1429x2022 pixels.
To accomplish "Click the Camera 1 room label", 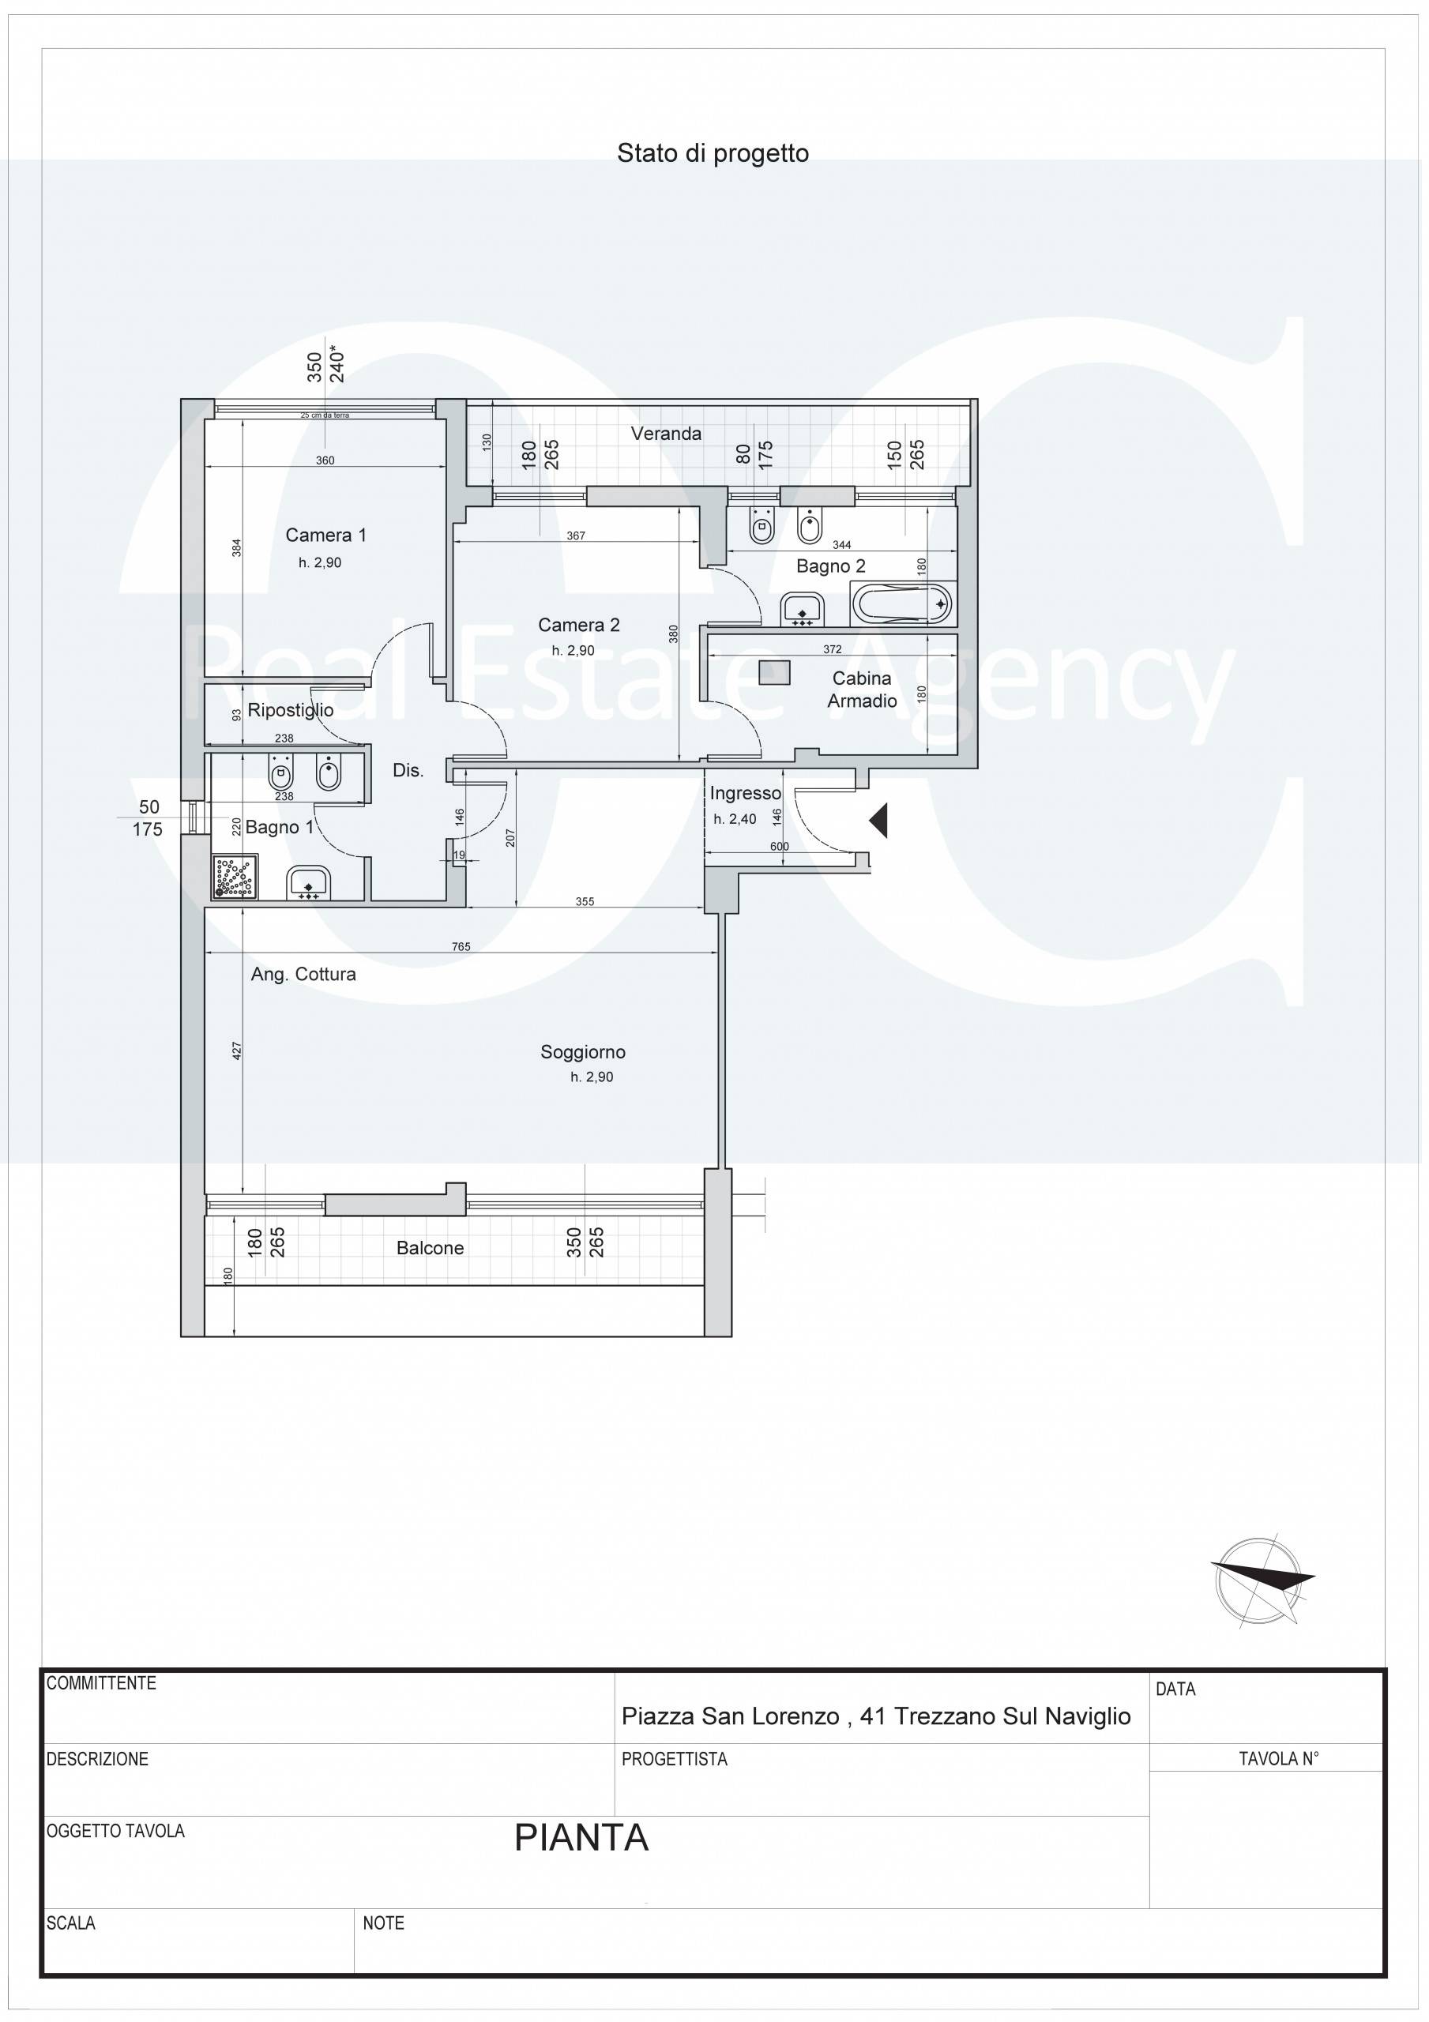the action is point(326,535).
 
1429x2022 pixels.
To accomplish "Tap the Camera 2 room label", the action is point(579,625).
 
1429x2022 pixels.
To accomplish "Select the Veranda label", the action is point(666,434).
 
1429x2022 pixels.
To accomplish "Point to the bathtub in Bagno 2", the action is point(903,604).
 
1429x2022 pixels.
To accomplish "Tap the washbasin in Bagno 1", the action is point(307,883).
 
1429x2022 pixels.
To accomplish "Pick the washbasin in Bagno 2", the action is point(802,608).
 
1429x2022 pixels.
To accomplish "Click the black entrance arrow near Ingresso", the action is point(878,821).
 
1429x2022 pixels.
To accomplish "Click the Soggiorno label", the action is point(583,1051).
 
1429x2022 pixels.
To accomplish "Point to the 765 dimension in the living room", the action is point(461,947).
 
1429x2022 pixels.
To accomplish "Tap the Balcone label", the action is point(430,1248).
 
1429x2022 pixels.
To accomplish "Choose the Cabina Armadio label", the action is point(862,690).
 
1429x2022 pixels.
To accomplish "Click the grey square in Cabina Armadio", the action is point(774,673).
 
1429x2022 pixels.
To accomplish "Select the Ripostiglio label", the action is point(291,711).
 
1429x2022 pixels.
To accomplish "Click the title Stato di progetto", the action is point(713,153).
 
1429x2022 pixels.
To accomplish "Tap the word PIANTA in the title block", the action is point(581,1838).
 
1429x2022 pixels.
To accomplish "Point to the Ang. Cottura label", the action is point(303,974).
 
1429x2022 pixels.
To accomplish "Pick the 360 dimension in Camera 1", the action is point(325,460).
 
